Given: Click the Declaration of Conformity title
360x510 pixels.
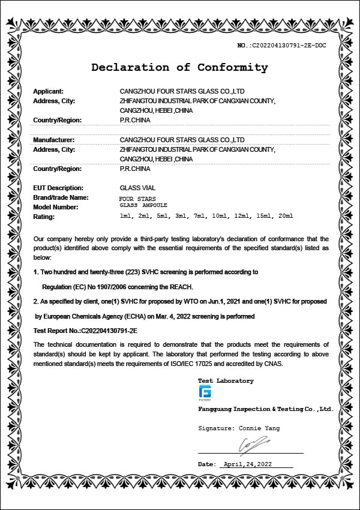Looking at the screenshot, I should tap(179, 68).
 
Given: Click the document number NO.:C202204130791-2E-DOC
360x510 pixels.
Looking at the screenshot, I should tap(281, 46).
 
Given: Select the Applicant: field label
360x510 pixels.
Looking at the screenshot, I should tap(48, 91).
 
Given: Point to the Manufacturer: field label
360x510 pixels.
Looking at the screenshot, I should tap(53, 140).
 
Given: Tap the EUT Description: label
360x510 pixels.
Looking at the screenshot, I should tap(58, 188).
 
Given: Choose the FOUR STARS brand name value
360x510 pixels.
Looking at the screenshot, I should tap(137, 198).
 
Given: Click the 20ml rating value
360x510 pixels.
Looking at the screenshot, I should tap(286, 215).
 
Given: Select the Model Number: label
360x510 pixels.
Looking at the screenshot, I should tap(56, 207).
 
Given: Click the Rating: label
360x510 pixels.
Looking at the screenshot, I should tap(44, 217).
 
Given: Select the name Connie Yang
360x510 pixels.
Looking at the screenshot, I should tap(259, 428).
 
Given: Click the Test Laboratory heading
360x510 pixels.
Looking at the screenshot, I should tap(226, 381).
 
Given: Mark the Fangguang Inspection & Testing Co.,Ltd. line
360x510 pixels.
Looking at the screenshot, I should tap(265, 409).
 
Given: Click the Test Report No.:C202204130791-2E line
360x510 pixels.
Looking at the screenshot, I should tap(86, 330).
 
